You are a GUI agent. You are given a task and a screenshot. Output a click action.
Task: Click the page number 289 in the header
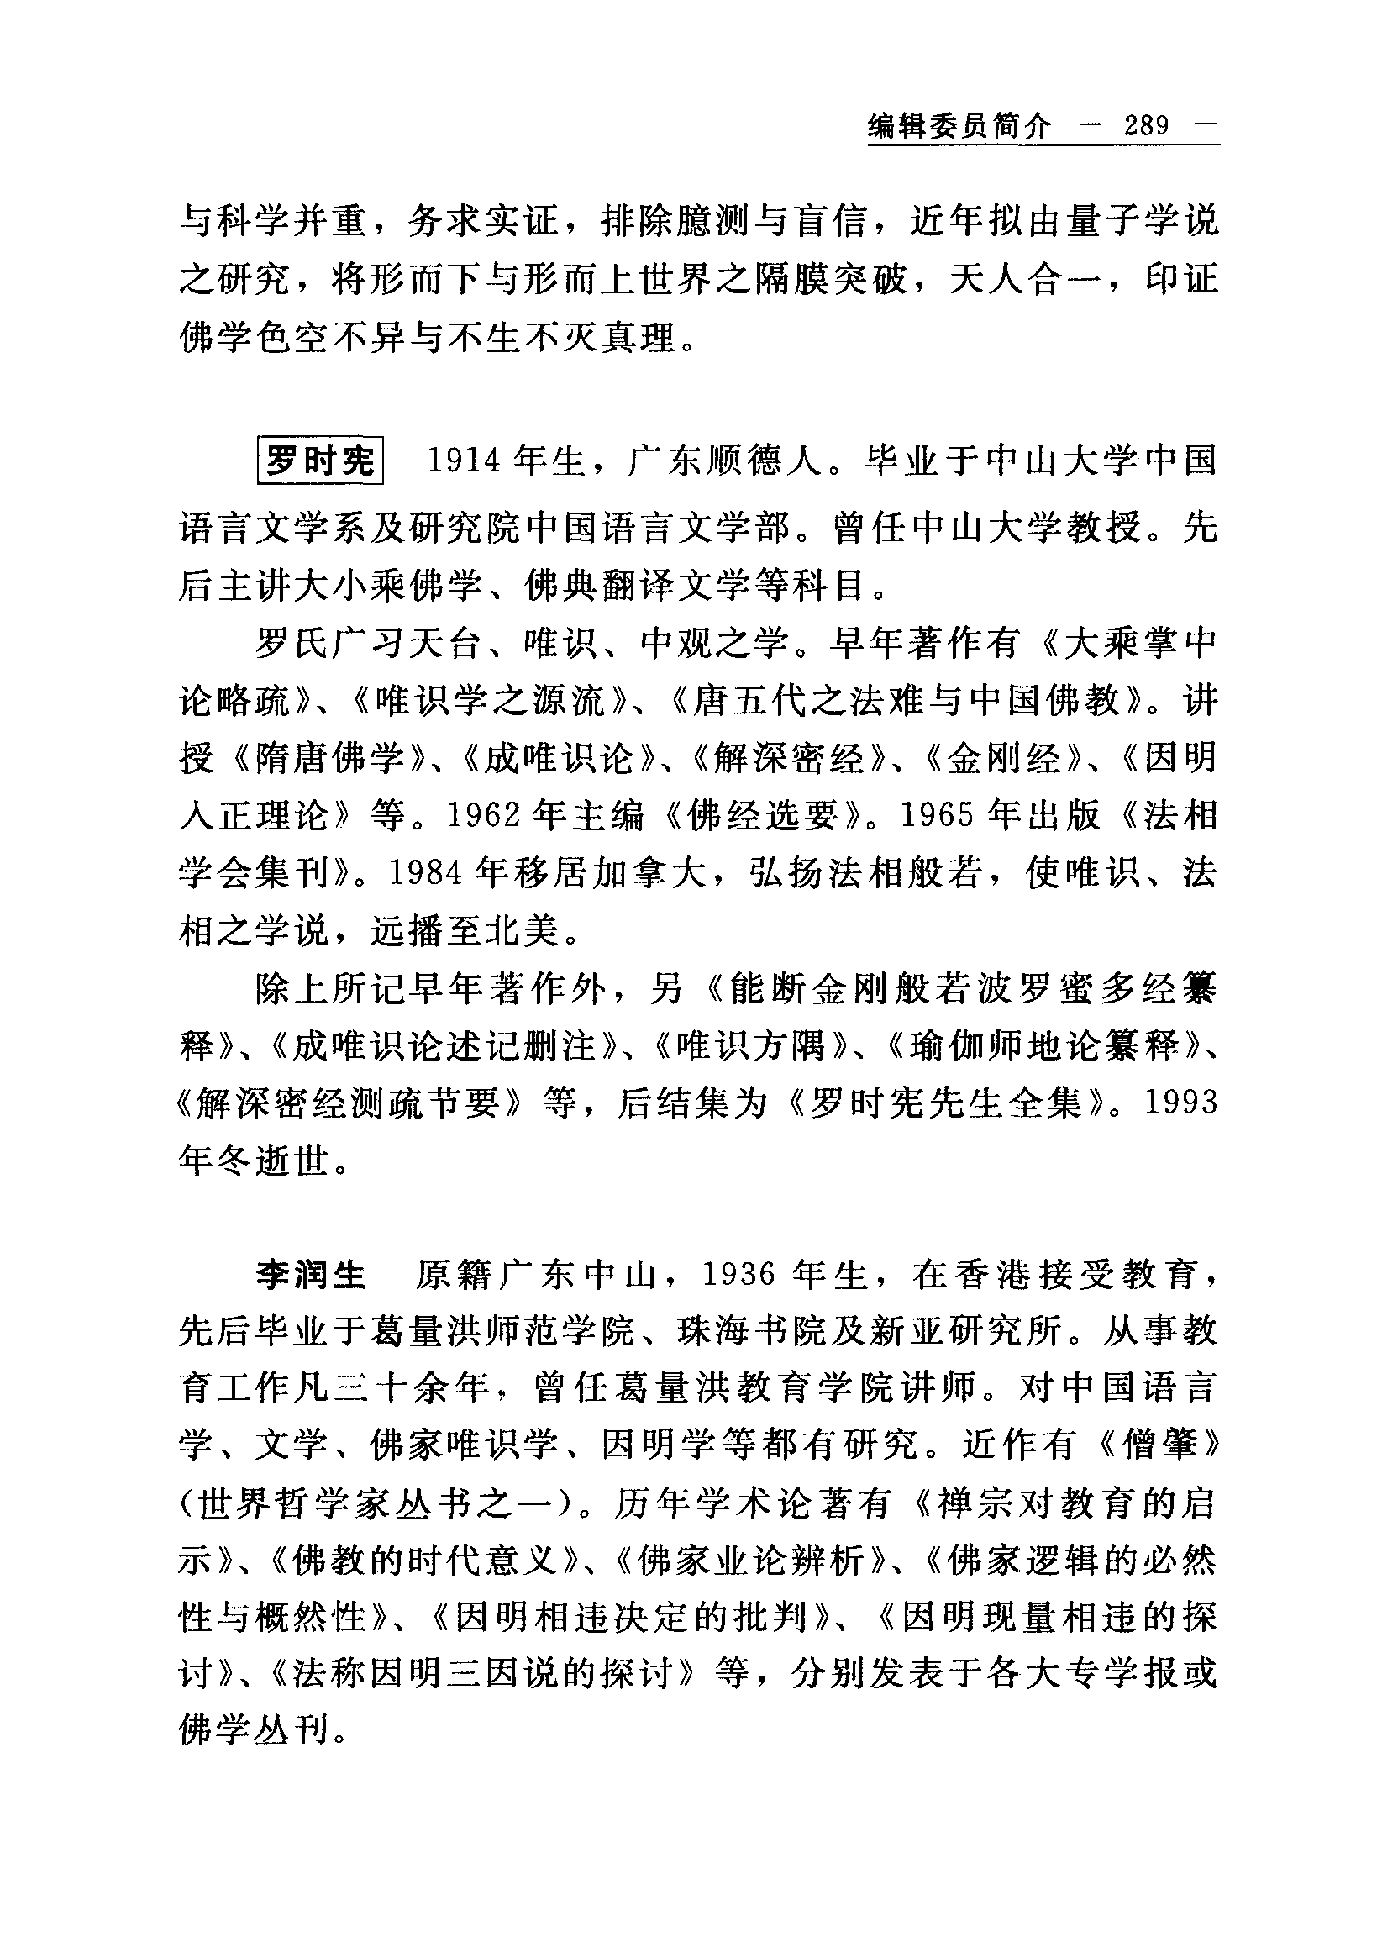click(1147, 126)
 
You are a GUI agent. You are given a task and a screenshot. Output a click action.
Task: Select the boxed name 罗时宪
click(320, 461)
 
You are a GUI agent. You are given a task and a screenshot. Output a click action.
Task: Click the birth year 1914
click(463, 461)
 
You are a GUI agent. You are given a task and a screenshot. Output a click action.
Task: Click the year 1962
click(484, 817)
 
